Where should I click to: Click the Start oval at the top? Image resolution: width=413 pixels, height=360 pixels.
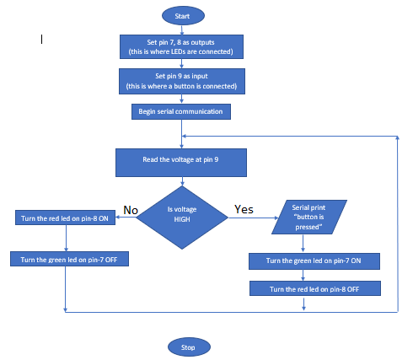tap(182, 15)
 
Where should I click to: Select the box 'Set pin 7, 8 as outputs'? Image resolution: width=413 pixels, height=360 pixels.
tap(182, 46)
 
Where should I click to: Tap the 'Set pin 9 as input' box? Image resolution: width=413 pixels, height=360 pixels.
tap(182, 81)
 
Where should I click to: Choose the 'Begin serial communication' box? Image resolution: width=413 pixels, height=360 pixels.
tap(182, 111)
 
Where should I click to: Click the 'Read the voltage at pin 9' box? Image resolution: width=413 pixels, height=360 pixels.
tap(182, 163)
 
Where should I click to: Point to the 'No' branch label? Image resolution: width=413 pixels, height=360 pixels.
tap(131, 209)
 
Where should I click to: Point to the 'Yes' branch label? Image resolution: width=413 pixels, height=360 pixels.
tap(244, 209)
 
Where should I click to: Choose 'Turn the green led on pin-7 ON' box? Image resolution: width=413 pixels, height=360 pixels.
tap(314, 262)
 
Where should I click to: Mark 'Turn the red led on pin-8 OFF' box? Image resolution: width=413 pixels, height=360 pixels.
tap(314, 288)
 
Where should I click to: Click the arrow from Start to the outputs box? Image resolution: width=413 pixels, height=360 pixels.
tap(182, 29)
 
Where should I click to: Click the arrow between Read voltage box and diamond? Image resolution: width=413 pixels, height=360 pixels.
tap(182, 181)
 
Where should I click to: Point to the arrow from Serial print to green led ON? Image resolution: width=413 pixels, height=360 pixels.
tap(304, 244)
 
